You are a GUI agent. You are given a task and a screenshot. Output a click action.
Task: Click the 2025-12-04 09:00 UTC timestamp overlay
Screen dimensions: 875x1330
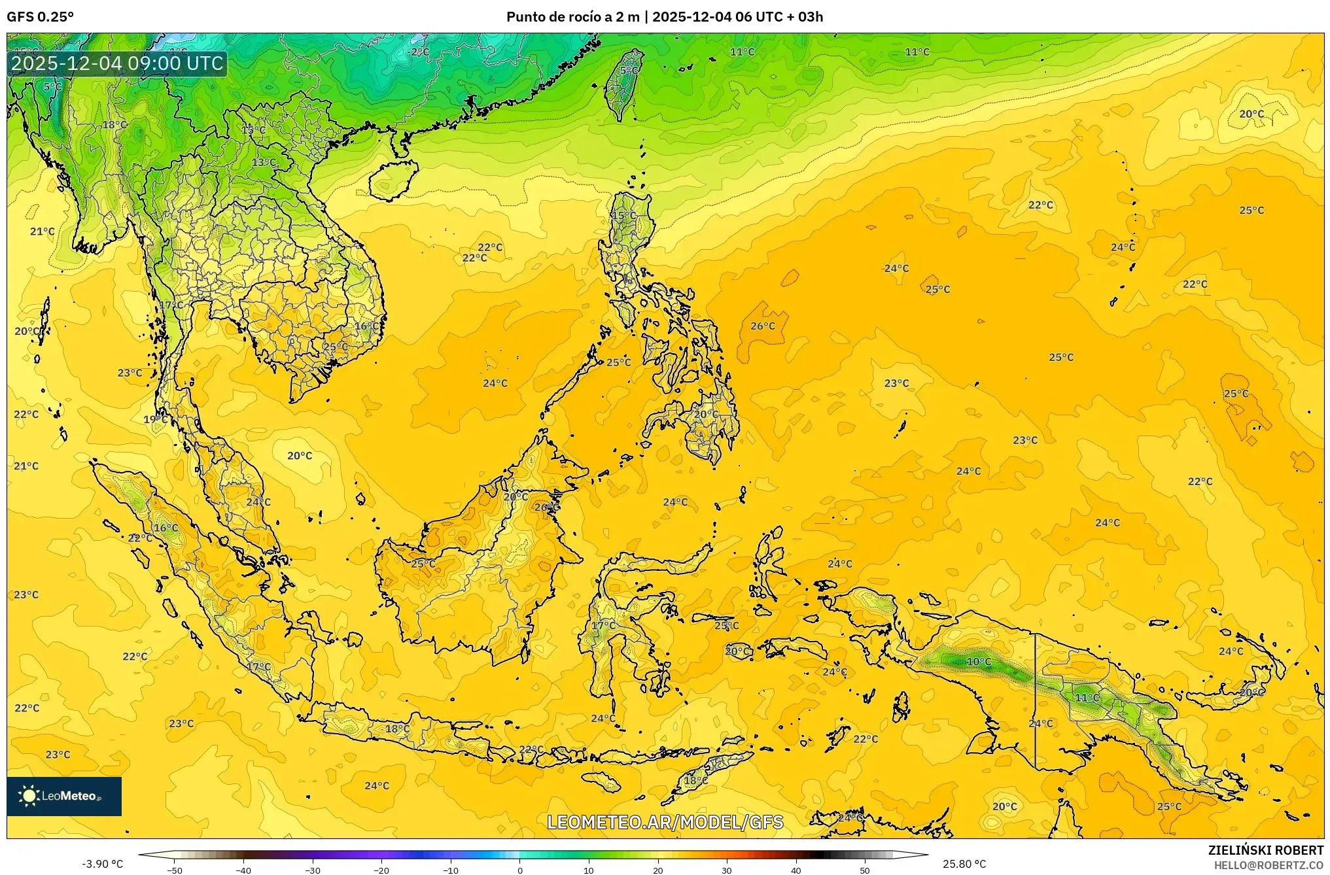pyautogui.click(x=118, y=63)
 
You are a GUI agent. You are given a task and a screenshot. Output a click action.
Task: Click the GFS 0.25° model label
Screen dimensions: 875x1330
pyautogui.click(x=40, y=17)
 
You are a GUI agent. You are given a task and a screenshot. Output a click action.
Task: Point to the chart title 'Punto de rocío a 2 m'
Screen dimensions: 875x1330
pyautogui.click(x=572, y=17)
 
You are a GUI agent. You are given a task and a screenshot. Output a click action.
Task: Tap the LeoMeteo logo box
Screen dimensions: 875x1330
pyautogui.click(x=64, y=796)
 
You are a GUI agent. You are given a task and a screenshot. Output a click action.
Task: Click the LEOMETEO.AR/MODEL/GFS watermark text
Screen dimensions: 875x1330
pyautogui.click(x=665, y=822)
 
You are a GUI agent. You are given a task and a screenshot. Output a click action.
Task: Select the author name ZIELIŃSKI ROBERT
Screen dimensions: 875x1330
pyautogui.click(x=1265, y=850)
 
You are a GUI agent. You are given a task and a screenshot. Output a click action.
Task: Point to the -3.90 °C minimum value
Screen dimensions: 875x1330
pyautogui.click(x=102, y=864)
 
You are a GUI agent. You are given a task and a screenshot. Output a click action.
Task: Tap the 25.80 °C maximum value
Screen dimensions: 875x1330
pyautogui.click(x=964, y=864)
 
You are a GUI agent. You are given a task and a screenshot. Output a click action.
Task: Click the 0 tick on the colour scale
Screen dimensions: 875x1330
pyautogui.click(x=520, y=870)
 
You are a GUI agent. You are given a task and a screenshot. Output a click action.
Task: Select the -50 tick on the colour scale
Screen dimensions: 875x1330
pyautogui.click(x=175, y=870)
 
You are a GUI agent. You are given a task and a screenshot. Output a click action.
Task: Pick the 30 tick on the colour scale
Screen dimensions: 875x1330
pyautogui.click(x=727, y=870)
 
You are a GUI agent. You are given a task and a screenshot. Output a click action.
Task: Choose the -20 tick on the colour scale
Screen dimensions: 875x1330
pyautogui.click(x=381, y=870)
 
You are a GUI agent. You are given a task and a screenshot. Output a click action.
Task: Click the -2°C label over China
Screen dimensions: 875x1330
pyautogui.click(x=418, y=52)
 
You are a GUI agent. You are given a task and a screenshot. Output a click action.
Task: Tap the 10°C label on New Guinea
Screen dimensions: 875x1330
pyautogui.click(x=979, y=662)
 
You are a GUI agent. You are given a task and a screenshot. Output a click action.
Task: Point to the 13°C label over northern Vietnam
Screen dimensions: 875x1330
pyautogui.click(x=264, y=162)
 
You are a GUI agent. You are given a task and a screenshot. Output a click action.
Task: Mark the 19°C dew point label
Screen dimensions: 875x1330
pyautogui.click(x=155, y=419)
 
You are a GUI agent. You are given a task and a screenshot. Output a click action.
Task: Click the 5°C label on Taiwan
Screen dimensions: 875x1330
pyautogui.click(x=629, y=71)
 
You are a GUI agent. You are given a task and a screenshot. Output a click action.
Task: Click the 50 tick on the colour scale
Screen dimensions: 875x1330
pyautogui.click(x=865, y=870)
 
